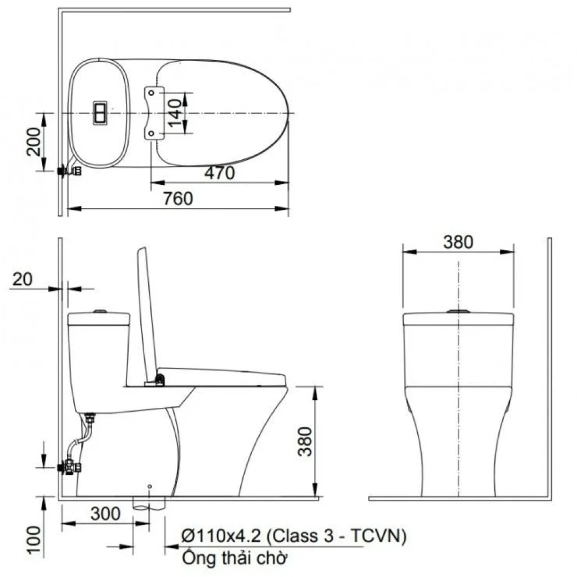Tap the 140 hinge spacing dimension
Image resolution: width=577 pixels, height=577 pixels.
tap(175, 113)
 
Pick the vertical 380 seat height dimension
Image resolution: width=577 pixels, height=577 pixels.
tap(305, 441)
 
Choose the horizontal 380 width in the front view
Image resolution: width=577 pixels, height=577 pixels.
tap(458, 242)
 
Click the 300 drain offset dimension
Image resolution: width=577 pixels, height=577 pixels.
tap(105, 514)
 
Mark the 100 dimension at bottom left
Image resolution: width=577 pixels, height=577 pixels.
tap(34, 540)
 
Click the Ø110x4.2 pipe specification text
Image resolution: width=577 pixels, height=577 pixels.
tap(294, 536)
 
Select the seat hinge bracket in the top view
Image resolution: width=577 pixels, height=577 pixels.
tap(154, 113)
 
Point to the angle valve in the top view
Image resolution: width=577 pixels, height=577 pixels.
tap(70, 171)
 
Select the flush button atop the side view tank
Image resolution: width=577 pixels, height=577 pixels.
tap(99, 312)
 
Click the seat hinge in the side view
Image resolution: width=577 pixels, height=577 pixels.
tap(159, 381)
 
